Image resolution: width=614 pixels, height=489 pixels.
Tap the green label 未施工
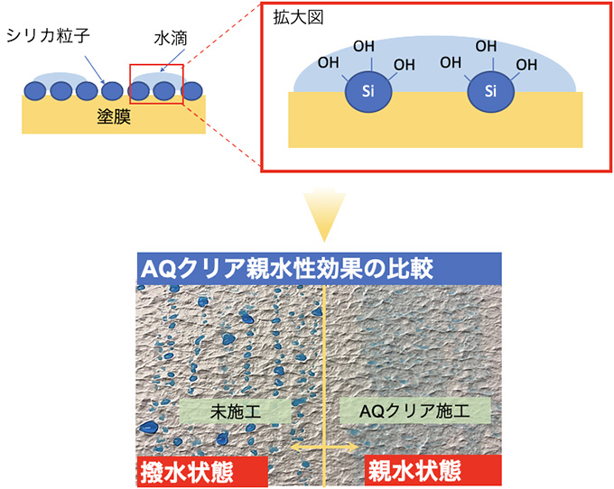click(x=234, y=411)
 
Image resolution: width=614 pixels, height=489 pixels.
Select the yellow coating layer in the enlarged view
click(x=433, y=126)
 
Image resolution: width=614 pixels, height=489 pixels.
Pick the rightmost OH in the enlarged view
click(x=525, y=64)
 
